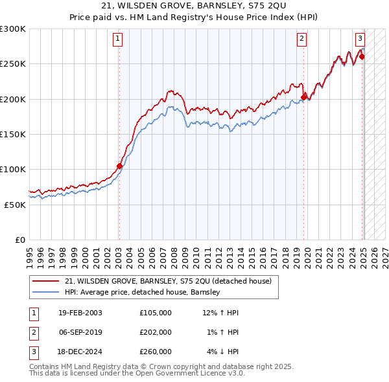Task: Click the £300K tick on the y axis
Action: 13,29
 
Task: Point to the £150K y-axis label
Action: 13,134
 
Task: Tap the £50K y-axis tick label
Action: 15,204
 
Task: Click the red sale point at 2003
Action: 119,166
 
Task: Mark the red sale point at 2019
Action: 303,98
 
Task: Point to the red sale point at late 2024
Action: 362,57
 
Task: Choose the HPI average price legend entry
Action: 143,292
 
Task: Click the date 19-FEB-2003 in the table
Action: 80,313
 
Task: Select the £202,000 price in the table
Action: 155,332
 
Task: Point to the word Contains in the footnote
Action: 45,366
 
